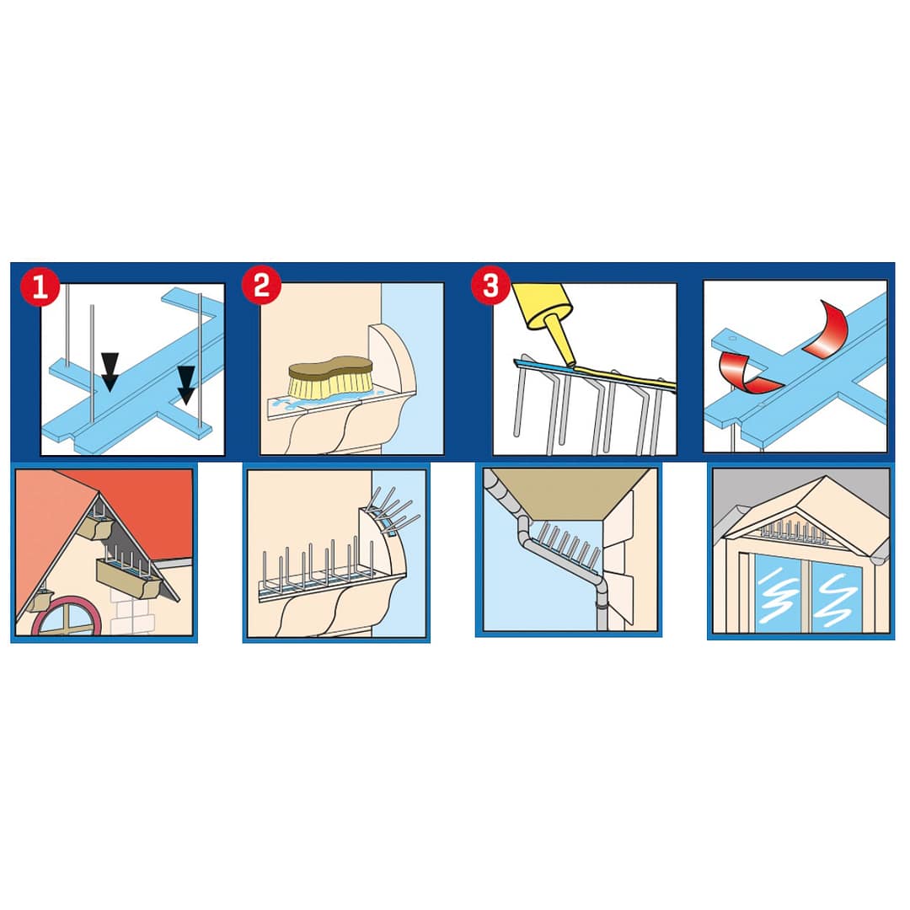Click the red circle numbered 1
pyautogui.click(x=40, y=286)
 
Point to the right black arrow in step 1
pyautogui.click(x=186, y=385)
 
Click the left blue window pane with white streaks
pyautogui.click(x=779, y=593)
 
